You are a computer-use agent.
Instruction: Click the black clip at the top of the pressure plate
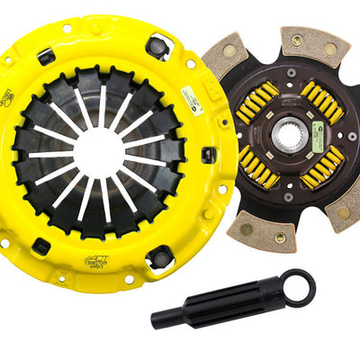point(159,45)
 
